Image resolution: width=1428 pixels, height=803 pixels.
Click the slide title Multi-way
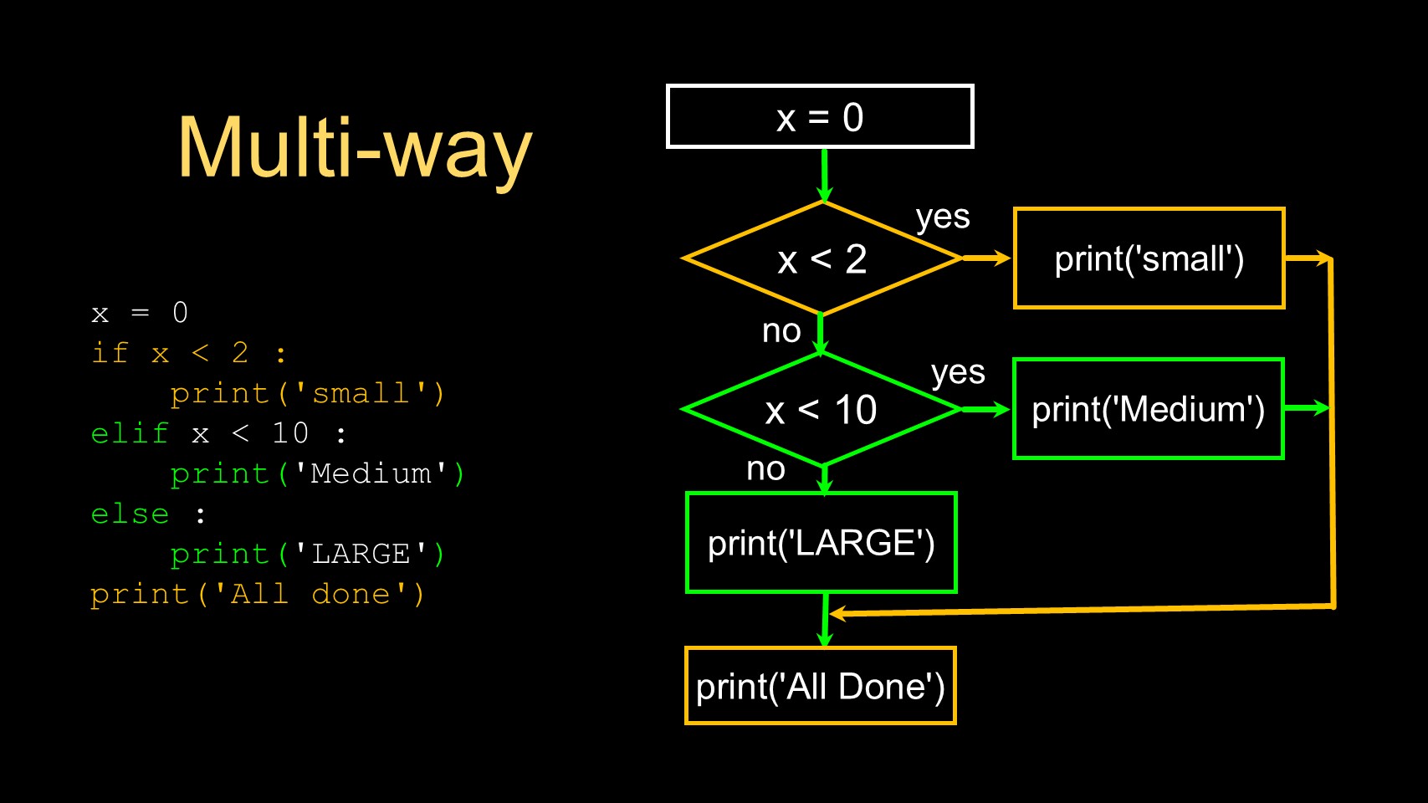355,149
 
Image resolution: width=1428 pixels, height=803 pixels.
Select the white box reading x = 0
820,117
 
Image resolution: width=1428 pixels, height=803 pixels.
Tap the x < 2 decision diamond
821,259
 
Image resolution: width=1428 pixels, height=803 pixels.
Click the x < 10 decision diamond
821,410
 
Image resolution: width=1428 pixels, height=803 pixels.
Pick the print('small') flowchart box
1149,259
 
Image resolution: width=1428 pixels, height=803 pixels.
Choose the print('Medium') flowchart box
1148,410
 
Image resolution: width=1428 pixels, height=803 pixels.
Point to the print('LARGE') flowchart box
821,543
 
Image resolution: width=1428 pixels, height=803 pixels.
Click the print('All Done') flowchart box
820,686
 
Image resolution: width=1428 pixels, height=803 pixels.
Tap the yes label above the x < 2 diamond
943,217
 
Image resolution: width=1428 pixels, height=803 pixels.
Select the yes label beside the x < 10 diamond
958,372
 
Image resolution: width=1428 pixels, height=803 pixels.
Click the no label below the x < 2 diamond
781,331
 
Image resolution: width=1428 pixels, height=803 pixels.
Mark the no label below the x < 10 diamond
765,468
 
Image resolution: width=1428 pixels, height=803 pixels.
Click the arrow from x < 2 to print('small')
987,258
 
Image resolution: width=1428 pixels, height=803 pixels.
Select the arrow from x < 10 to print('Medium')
987,409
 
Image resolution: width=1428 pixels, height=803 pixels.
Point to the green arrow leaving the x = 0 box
825,176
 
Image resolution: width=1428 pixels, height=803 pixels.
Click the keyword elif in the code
130,433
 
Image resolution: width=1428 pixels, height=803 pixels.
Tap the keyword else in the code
130,514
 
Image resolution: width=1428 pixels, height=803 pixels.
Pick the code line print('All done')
258,594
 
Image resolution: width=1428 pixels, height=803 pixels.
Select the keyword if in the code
110,353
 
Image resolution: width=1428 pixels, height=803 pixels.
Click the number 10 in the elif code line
290,433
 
